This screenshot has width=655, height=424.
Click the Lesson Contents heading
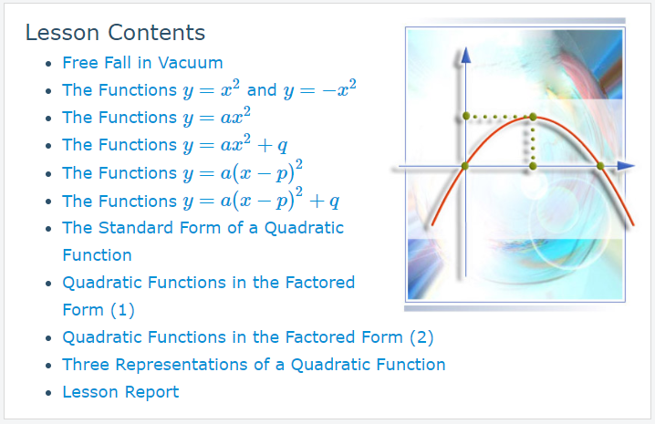pyautogui.click(x=115, y=33)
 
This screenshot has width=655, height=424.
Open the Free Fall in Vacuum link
pyautogui.click(x=142, y=63)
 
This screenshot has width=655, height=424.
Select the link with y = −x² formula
pyautogui.click(x=209, y=89)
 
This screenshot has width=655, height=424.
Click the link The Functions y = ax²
pyautogui.click(x=156, y=117)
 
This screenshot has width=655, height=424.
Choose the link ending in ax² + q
pyautogui.click(x=175, y=145)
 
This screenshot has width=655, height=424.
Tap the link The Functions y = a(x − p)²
pyautogui.click(x=182, y=172)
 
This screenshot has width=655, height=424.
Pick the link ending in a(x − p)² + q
pyautogui.click(x=201, y=201)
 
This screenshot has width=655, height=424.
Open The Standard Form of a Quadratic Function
pyautogui.click(x=203, y=241)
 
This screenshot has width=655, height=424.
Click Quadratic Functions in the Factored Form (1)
pyautogui.click(x=208, y=295)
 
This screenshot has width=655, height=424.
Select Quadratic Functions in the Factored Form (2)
pyautogui.click(x=248, y=337)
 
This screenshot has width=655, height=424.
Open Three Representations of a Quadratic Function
pyautogui.click(x=254, y=364)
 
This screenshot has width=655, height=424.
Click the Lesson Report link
pyautogui.click(x=120, y=392)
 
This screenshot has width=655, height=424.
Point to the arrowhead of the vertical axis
pyautogui.click(x=466, y=56)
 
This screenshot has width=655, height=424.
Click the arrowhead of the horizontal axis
pyautogui.click(x=626, y=166)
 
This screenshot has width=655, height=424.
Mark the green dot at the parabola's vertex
pyautogui.click(x=533, y=117)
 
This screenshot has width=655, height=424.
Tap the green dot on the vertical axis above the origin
pyautogui.click(x=466, y=116)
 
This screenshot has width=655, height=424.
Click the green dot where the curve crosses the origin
pyautogui.click(x=464, y=166)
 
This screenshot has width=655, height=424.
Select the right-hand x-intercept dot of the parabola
pyautogui.click(x=600, y=166)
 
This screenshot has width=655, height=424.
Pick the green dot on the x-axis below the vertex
pyautogui.click(x=533, y=166)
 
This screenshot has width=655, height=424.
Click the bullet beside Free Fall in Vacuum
pyautogui.click(x=49, y=64)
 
